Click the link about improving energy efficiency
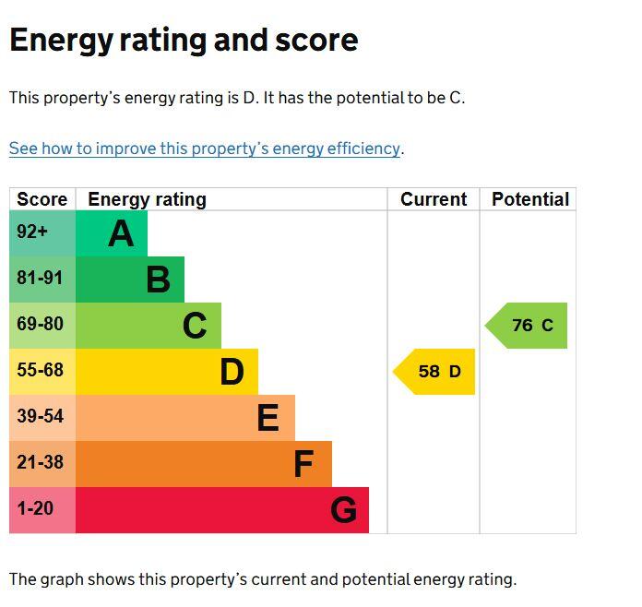pyautogui.click(x=205, y=149)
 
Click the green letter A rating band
pyautogui.click(x=112, y=233)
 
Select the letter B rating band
pyautogui.click(x=130, y=280)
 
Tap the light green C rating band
pyautogui.click(x=149, y=326)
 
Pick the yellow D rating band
pyautogui.click(x=167, y=372)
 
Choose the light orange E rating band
pyautogui.click(x=185, y=418)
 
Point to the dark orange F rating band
pyautogui.click(x=204, y=464)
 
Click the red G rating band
pyautogui.click(x=222, y=510)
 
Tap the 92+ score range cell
pyautogui.click(x=42, y=233)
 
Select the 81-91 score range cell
pyautogui.click(x=42, y=280)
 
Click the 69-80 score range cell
pyautogui.click(x=42, y=326)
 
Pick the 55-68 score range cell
pyautogui.click(x=42, y=372)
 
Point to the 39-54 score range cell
pyautogui.click(x=42, y=418)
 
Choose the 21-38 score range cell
pyautogui.click(x=42, y=464)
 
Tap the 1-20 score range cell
pyautogui.click(x=42, y=510)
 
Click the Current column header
pyautogui.click(x=434, y=199)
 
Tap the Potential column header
pyautogui.click(x=529, y=199)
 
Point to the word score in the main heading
pyautogui.click(x=316, y=41)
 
